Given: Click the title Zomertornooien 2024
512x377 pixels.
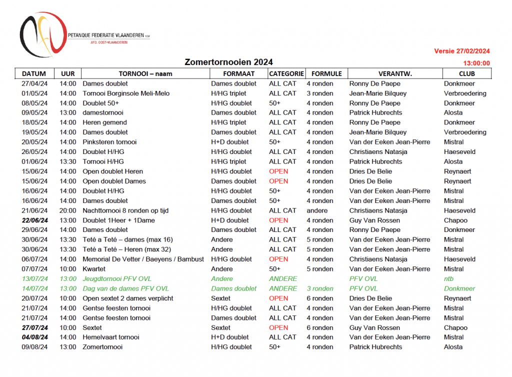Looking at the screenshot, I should (228, 62).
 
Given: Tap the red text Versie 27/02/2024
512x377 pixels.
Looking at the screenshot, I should (461, 51).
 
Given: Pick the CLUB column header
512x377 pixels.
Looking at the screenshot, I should (456, 73).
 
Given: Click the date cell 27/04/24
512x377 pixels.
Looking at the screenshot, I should (35, 83).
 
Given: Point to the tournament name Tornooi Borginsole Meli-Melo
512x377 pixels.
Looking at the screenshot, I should (126, 93).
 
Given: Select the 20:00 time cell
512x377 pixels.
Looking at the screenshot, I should (68, 210).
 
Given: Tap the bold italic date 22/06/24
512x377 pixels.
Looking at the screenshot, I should (35, 220).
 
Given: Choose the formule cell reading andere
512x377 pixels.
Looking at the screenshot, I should (317, 210).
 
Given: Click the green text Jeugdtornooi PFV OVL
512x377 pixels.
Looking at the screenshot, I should (117, 279).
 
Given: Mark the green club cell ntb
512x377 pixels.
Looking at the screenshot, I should (449, 279).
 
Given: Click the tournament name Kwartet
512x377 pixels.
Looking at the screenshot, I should (94, 269).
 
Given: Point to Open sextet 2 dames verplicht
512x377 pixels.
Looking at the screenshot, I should (128, 298).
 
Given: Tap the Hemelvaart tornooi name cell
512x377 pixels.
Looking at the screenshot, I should (110, 337).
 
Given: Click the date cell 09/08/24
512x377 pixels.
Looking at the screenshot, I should (35, 347).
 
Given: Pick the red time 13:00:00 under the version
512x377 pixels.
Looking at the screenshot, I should (476, 63).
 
